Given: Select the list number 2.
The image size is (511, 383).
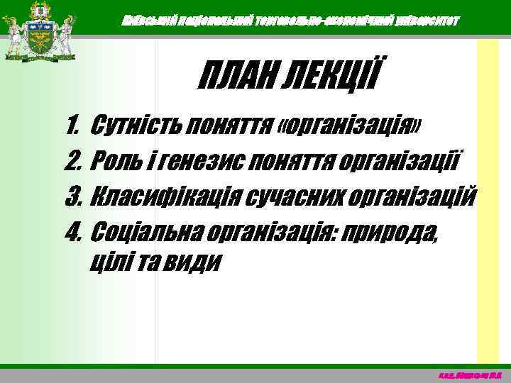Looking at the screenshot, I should pos(72,162).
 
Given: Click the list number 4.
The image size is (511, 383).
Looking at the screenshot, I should pos(72,230).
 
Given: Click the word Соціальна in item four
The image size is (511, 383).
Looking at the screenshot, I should pos(141,230).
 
